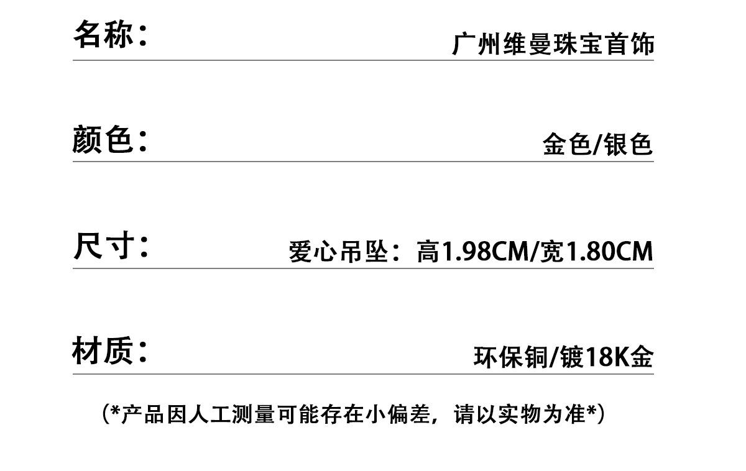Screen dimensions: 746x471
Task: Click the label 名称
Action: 103,34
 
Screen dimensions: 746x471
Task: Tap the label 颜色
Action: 103,139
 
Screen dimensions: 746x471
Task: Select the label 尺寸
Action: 103,246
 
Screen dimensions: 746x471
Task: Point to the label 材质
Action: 103,351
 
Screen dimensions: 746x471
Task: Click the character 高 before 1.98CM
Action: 428,252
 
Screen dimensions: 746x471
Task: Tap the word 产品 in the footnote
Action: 142,414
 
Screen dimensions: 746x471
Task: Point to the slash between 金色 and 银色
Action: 597,145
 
